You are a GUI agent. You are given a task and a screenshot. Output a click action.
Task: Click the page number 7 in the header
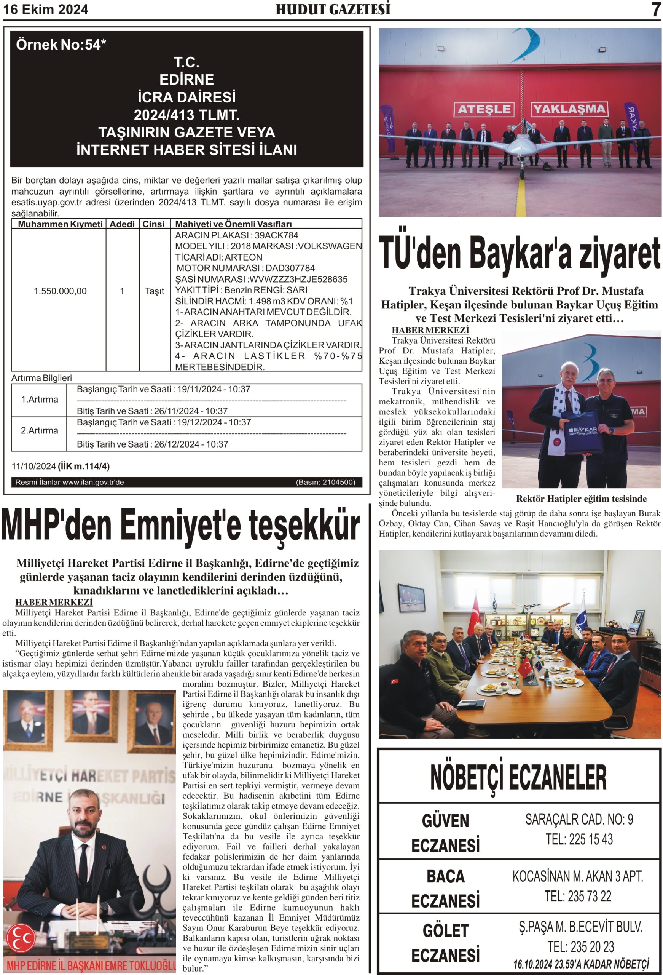(x=655, y=10)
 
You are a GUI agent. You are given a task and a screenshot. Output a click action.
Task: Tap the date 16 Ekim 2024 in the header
(x=46, y=10)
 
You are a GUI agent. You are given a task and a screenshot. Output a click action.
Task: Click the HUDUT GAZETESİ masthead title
(x=333, y=9)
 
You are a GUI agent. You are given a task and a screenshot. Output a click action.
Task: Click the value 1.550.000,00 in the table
(x=60, y=291)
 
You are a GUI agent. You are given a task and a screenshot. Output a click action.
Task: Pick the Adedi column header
(x=122, y=224)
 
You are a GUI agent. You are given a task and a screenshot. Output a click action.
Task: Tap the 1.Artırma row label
(x=40, y=399)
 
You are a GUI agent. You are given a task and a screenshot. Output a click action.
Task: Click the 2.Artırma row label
(x=40, y=430)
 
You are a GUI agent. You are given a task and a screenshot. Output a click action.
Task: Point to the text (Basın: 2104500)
(x=325, y=482)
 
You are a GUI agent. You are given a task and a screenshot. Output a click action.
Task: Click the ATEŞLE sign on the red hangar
(x=484, y=110)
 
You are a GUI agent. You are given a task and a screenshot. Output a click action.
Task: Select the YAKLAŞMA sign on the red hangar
(x=569, y=109)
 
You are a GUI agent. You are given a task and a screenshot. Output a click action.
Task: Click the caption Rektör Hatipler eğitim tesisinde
(x=581, y=499)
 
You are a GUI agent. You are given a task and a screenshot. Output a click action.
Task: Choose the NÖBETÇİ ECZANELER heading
(x=518, y=777)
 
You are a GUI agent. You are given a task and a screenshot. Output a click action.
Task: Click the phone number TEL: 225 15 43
(x=579, y=839)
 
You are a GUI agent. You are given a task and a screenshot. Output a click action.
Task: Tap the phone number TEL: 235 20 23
(x=580, y=946)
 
